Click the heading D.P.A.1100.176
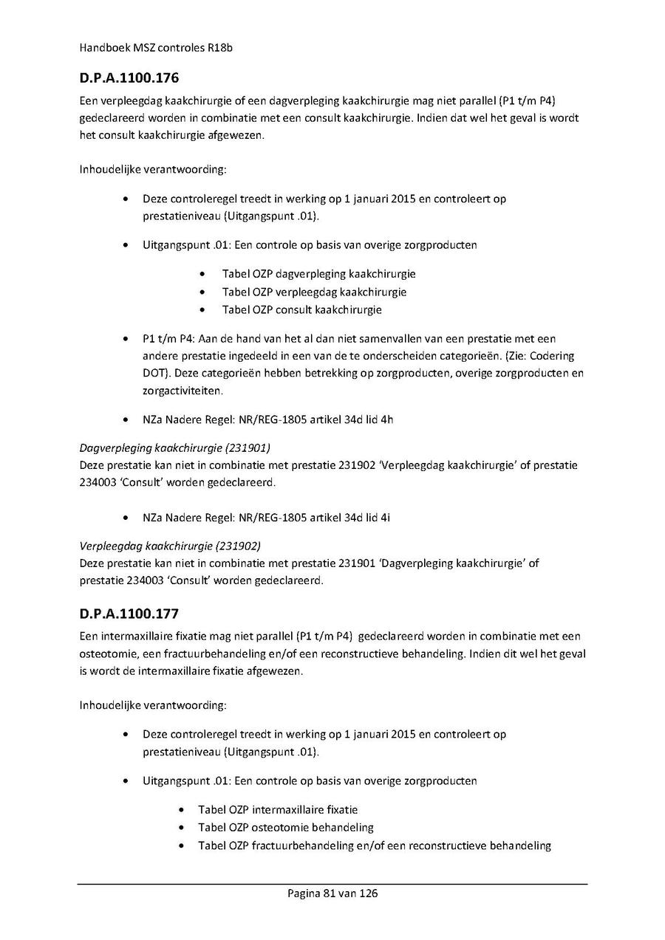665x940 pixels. [129, 77]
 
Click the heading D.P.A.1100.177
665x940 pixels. [129, 614]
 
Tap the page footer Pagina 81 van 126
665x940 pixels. [332, 893]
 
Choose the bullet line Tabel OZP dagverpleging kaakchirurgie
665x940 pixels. [318, 274]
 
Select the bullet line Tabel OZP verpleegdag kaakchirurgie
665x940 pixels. [314, 292]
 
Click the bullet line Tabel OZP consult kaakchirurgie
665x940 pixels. [301, 310]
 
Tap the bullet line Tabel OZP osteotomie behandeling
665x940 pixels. [285, 828]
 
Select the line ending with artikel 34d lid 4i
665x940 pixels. [266, 518]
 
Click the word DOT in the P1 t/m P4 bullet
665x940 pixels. [153, 373]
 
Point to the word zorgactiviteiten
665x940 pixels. [182, 391]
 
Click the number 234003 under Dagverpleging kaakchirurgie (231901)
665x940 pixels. [95, 483]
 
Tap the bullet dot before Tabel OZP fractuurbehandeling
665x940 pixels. [182, 846]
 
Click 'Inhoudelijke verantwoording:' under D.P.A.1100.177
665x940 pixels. [153, 704]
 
